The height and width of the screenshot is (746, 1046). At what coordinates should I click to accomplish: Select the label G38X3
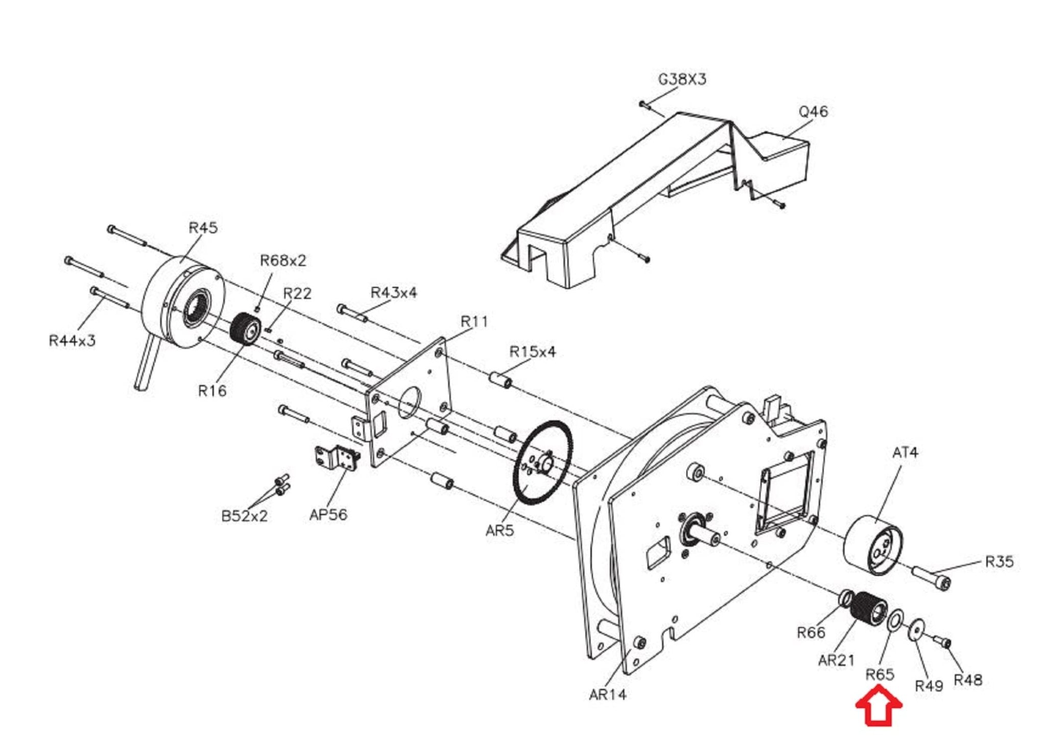tap(682, 80)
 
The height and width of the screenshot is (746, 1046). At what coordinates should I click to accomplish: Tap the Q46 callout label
tap(813, 112)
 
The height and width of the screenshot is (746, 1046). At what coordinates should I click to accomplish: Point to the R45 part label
tap(203, 228)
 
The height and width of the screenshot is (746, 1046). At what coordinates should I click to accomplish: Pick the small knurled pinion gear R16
tap(247, 328)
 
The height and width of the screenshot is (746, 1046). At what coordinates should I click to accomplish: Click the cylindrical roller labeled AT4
tap(872, 545)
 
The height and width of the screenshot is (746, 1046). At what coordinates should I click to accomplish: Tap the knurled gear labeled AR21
tap(869, 613)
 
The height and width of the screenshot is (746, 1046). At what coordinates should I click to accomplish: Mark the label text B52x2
tap(244, 516)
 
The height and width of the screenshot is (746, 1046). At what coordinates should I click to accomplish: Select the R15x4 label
tap(533, 352)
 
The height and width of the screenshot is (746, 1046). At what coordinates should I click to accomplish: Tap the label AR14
tap(607, 694)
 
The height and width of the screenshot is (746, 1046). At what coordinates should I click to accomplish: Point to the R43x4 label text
tap(393, 293)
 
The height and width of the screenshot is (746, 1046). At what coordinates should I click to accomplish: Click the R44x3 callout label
tap(72, 341)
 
